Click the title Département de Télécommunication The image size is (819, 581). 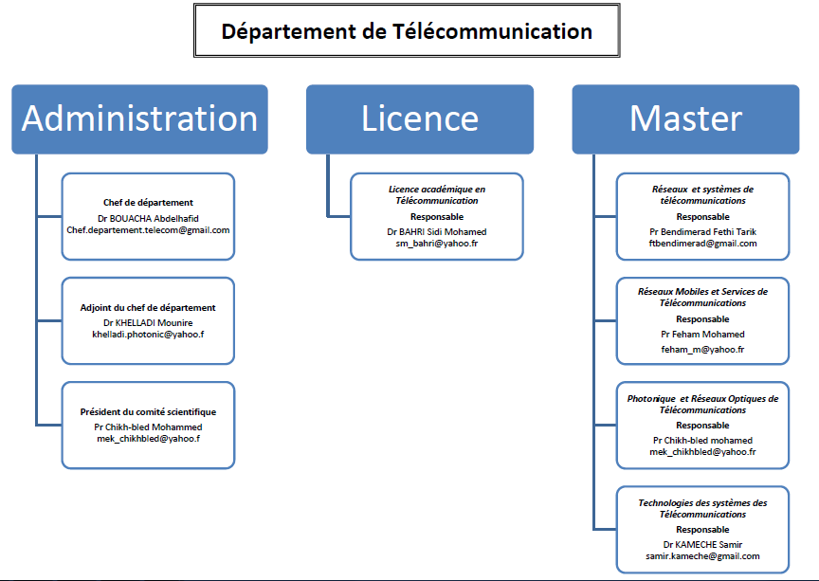coord(407,31)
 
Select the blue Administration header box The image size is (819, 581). coord(139,118)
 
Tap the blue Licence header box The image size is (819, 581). coord(420,118)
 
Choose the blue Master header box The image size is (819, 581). coord(685,118)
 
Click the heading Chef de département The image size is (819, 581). coord(148,202)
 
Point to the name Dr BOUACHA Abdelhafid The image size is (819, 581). coord(148,217)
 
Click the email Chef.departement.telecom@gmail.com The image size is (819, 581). coord(148,229)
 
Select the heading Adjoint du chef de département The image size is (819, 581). coord(148,307)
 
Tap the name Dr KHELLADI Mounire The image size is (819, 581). coord(148,322)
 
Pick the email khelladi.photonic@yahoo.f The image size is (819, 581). coord(148,335)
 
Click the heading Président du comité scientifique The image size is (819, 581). coord(148,412)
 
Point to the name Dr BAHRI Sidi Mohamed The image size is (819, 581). coord(436,231)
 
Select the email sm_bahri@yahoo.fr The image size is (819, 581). coord(436,244)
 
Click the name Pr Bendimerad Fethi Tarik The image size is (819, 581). coord(702,231)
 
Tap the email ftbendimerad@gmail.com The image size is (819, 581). coord(702,244)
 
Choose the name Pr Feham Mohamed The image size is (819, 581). coord(702,334)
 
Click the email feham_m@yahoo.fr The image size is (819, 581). coord(702,349)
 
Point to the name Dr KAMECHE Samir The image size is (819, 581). coord(702,544)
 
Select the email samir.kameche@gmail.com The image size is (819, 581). coord(702,556)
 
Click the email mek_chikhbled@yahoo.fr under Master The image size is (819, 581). coord(702,452)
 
